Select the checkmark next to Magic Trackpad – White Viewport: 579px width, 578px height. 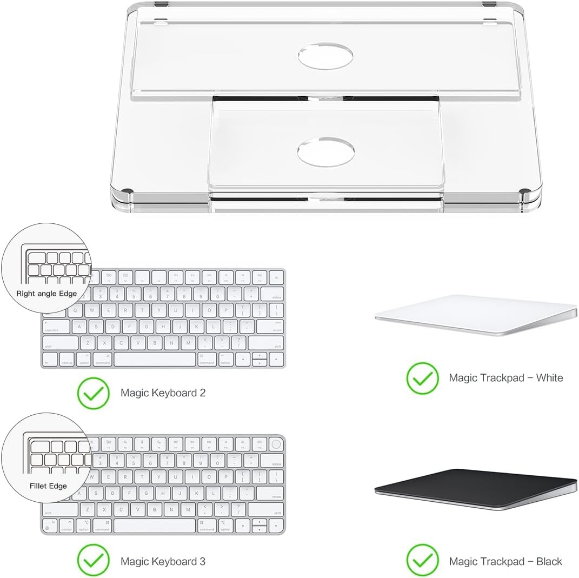tap(422, 377)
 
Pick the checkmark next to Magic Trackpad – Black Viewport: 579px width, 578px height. tap(422, 561)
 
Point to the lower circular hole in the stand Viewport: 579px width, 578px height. tap(326, 151)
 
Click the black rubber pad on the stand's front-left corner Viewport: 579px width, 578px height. tap(128, 191)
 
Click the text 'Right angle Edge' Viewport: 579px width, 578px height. tap(46, 294)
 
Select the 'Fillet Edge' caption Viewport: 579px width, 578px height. tap(48, 486)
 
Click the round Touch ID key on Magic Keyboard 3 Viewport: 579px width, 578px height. tap(276, 444)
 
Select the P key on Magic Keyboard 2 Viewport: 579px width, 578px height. tap(226, 310)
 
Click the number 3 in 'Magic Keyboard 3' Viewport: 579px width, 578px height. tap(202, 561)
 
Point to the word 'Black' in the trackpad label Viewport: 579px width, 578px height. tap(549, 561)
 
